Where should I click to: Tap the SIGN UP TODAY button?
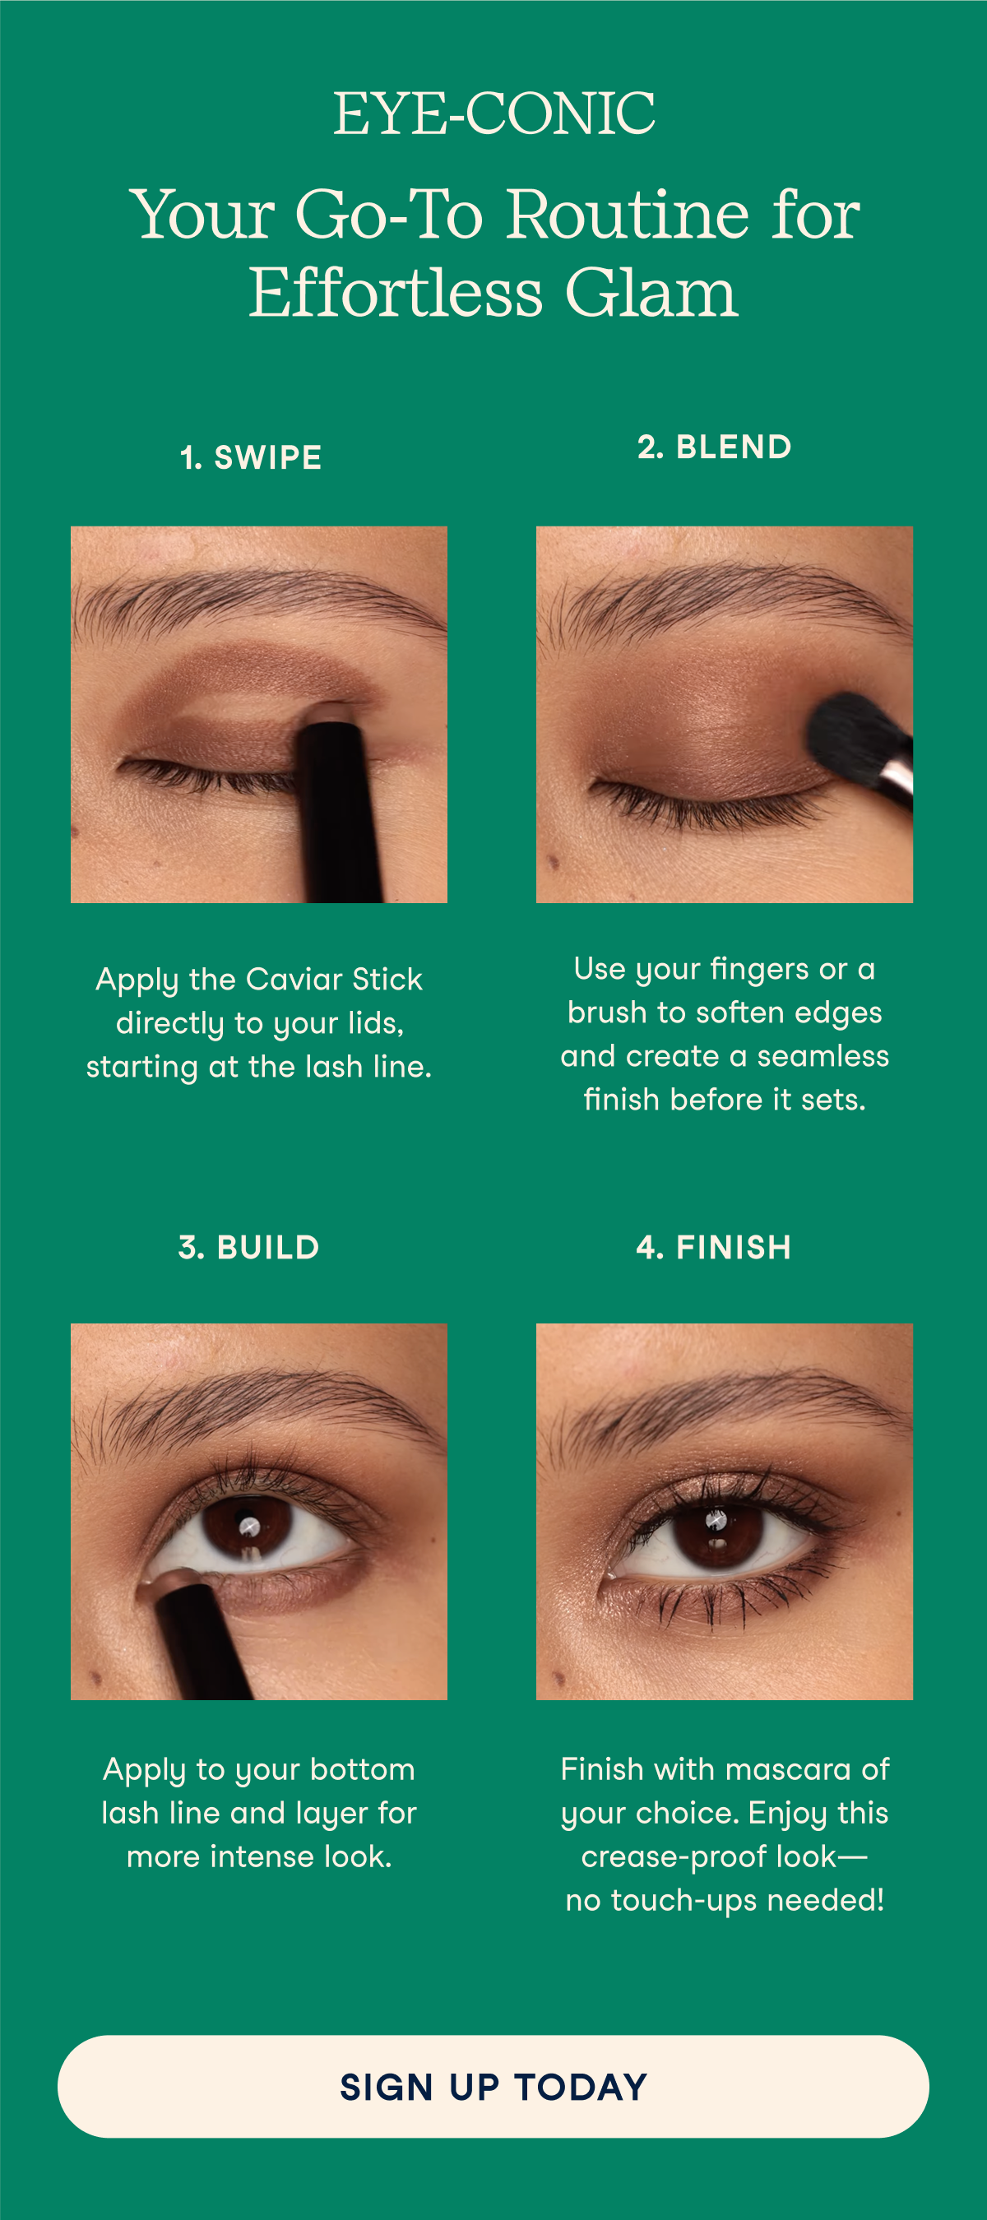(x=493, y=2087)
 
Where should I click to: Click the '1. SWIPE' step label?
(x=251, y=457)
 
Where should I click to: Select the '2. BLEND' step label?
(x=715, y=447)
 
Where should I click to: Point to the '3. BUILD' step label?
(x=249, y=1247)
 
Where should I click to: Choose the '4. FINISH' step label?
(x=714, y=1247)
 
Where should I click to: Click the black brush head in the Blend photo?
(x=850, y=737)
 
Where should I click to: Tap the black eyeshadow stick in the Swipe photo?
(x=341, y=806)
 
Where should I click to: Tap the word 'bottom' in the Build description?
(x=362, y=1769)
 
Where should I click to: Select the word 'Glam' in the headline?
(x=651, y=292)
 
